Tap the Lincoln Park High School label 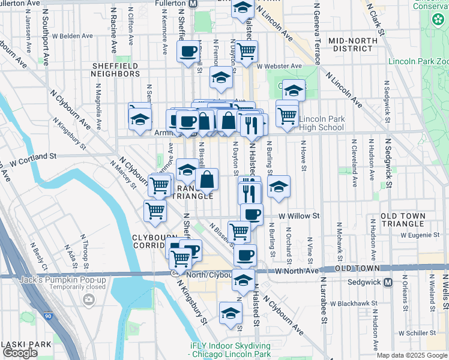click(321, 123)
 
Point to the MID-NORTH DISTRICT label click(353, 44)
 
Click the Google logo click(20, 353)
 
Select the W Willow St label click(298, 215)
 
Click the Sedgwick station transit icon click(388, 282)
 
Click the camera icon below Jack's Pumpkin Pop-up click(89, 299)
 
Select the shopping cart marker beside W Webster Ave click(246, 52)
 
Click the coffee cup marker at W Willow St click(252, 214)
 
